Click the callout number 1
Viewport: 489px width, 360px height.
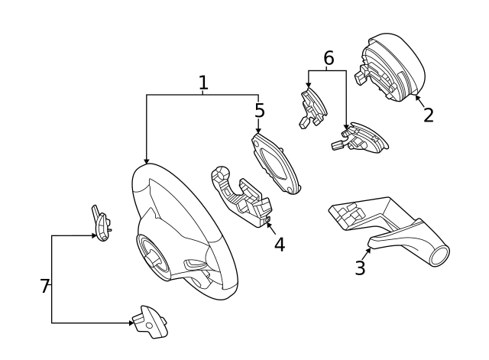pyautogui.click(x=203, y=83)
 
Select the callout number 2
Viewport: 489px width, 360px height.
pyautogui.click(x=428, y=115)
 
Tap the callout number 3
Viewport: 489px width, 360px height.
pyautogui.click(x=360, y=268)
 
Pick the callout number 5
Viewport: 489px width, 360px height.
pyautogui.click(x=260, y=111)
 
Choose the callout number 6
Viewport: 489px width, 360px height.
pyautogui.click(x=329, y=58)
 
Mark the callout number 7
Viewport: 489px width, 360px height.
pyautogui.click(x=44, y=287)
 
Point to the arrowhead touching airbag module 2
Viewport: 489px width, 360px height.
pyautogui.click(x=417, y=97)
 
